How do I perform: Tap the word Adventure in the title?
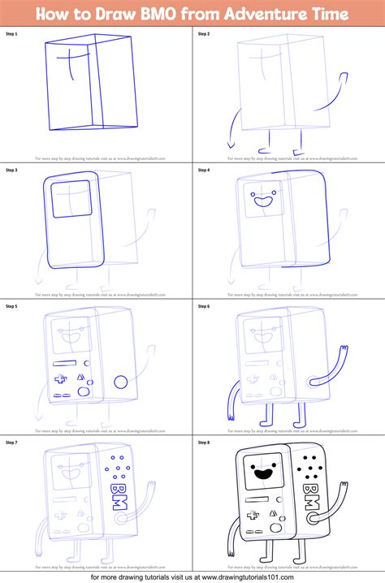(x=255, y=14)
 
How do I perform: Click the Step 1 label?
(x=11, y=33)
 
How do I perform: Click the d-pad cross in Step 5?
(x=58, y=378)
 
